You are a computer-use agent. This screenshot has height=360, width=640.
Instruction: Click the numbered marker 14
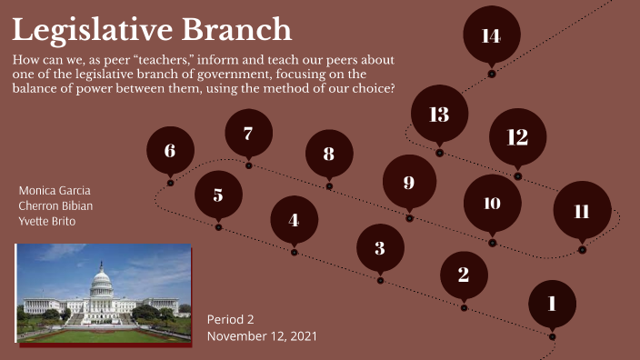[x=491, y=35]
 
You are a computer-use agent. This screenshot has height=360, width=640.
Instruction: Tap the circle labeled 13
[x=439, y=115]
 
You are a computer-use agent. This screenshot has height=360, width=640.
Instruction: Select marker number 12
[x=517, y=137]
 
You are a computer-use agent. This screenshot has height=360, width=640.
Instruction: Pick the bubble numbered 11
[x=582, y=211]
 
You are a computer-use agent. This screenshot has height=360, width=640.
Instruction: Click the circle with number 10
[x=492, y=203]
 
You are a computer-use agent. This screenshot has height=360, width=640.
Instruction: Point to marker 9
[x=409, y=183]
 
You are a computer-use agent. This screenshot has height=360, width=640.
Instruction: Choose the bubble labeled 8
[x=329, y=154]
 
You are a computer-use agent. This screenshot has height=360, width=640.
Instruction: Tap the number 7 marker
[x=248, y=134]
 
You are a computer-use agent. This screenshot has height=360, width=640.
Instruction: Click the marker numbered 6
[x=170, y=151]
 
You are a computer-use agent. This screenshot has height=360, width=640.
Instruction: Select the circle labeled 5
[x=218, y=195]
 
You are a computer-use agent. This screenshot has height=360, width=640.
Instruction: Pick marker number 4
[x=294, y=220]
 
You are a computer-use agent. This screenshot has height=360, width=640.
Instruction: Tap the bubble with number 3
[x=380, y=247]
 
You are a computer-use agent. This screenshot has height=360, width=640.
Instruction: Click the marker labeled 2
[x=464, y=274]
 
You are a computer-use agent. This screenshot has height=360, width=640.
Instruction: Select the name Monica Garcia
[x=55, y=191]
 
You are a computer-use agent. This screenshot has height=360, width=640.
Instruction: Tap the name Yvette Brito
[x=47, y=222]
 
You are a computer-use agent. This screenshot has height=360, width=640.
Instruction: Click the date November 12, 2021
[x=262, y=336]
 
